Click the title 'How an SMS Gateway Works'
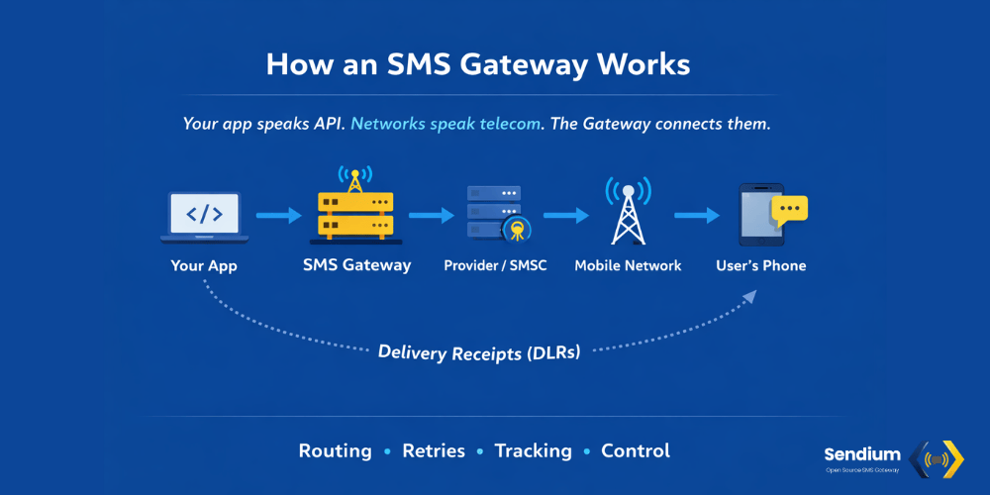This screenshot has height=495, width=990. point(477,64)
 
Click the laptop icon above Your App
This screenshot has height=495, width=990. point(205,216)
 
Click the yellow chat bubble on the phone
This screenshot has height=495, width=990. point(789,209)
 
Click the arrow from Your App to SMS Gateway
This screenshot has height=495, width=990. point(277,214)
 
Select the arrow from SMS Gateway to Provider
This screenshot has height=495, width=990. point(430,214)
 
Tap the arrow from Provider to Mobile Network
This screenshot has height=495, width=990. point(565,214)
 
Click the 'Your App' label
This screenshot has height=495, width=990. point(204,265)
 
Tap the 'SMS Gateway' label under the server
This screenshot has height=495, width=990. point(356,265)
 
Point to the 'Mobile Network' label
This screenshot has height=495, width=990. point(628,265)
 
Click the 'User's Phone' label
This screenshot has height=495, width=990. point(761,265)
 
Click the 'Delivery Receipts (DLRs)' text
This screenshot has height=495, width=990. point(479,351)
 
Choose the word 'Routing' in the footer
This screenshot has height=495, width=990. point(336,450)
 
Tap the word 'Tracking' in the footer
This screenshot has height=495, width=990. point(534,450)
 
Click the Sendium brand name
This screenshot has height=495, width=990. point(862,454)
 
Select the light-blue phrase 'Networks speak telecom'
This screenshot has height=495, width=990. point(445,125)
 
